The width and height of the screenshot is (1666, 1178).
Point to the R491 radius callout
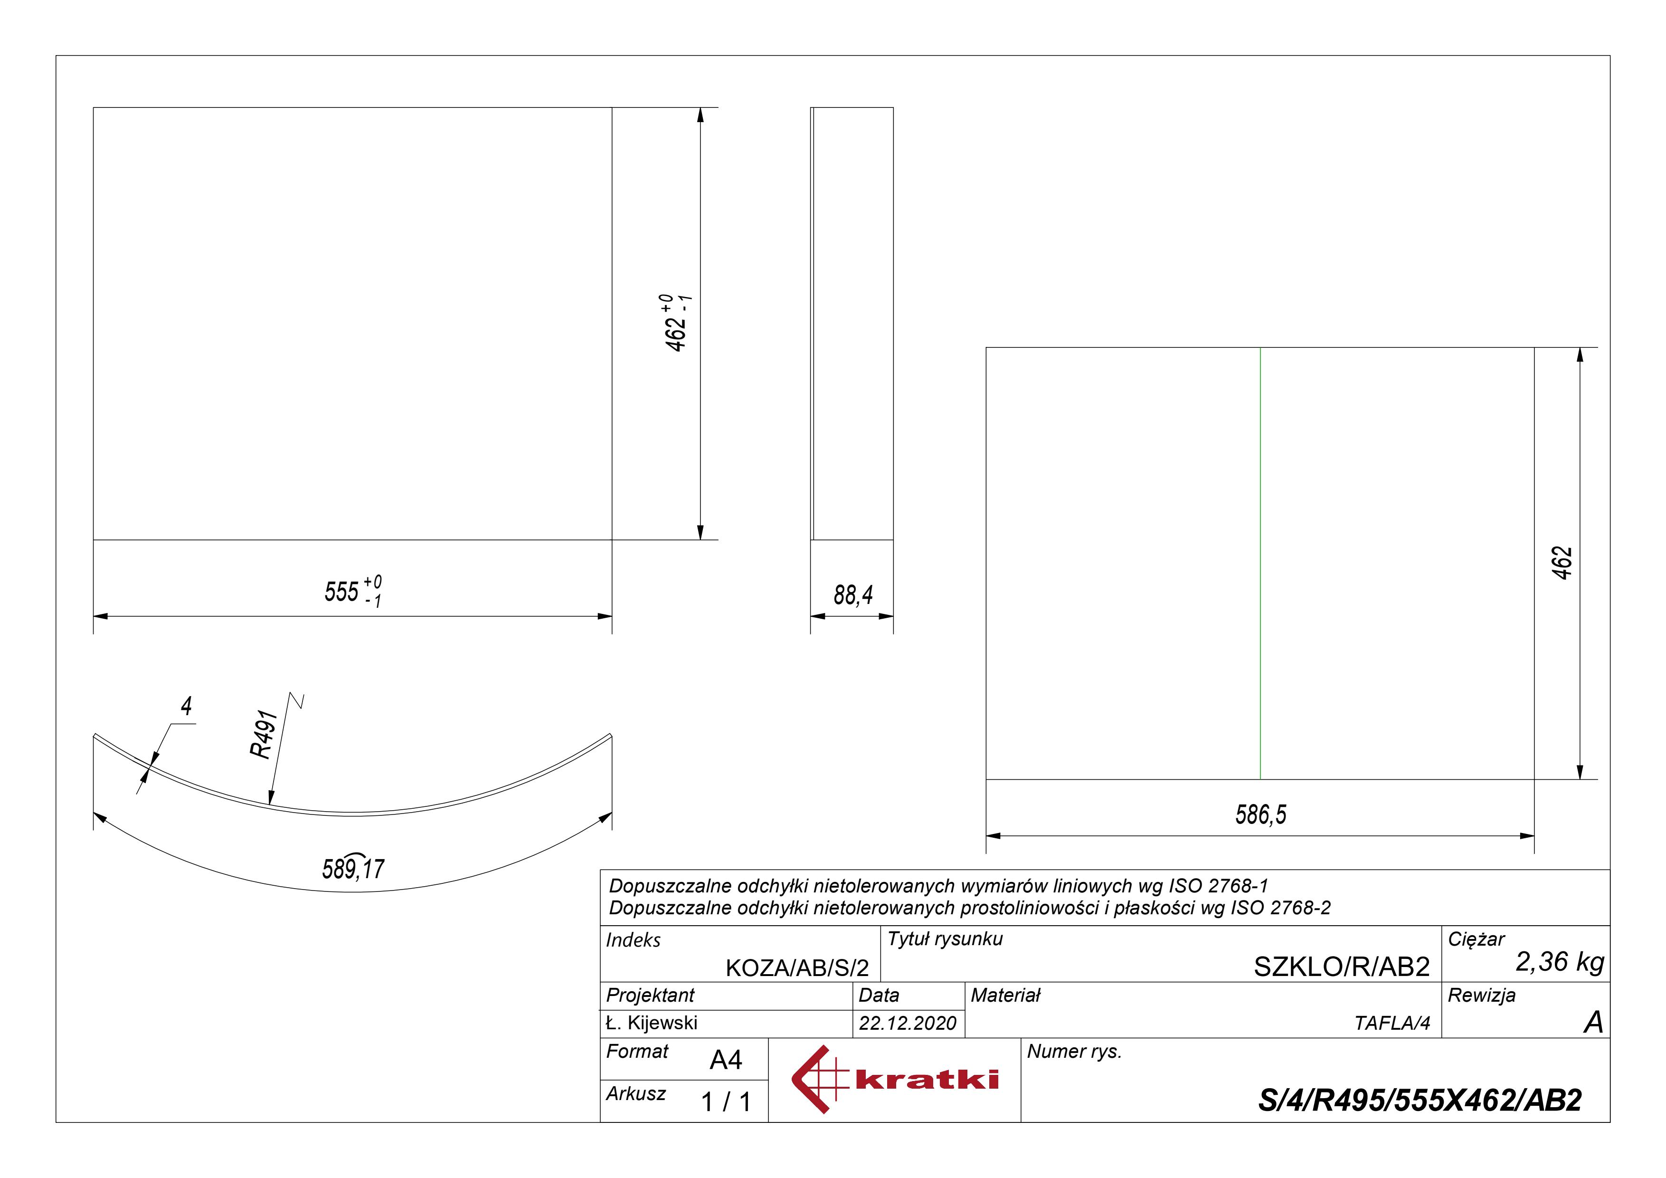264,735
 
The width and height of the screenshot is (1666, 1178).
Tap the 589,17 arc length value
353,868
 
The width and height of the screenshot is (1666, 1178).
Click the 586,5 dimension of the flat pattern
1260,814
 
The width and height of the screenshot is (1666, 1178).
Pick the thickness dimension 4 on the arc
187,706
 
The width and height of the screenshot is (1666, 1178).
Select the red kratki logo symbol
818,1079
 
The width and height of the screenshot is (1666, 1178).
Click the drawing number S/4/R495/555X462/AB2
1420,1101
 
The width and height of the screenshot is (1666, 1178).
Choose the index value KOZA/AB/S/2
797,967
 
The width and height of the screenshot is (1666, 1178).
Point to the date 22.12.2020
907,1024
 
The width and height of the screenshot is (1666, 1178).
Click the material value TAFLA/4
1391,1024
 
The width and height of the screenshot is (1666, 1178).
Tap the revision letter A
1593,1023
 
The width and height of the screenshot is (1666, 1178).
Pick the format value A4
726,1061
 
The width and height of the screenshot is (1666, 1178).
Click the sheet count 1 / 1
726,1102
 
